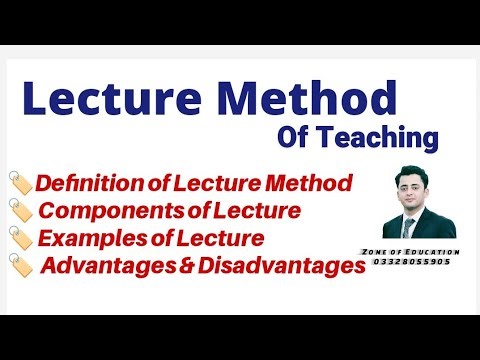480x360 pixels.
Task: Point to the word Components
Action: click(x=105, y=211)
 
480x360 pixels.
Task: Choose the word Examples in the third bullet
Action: click(x=96, y=238)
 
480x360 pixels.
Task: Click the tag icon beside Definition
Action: click(x=20, y=184)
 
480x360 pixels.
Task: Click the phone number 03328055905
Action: click(x=420, y=262)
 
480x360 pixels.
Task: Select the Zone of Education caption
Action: click(x=420, y=251)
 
